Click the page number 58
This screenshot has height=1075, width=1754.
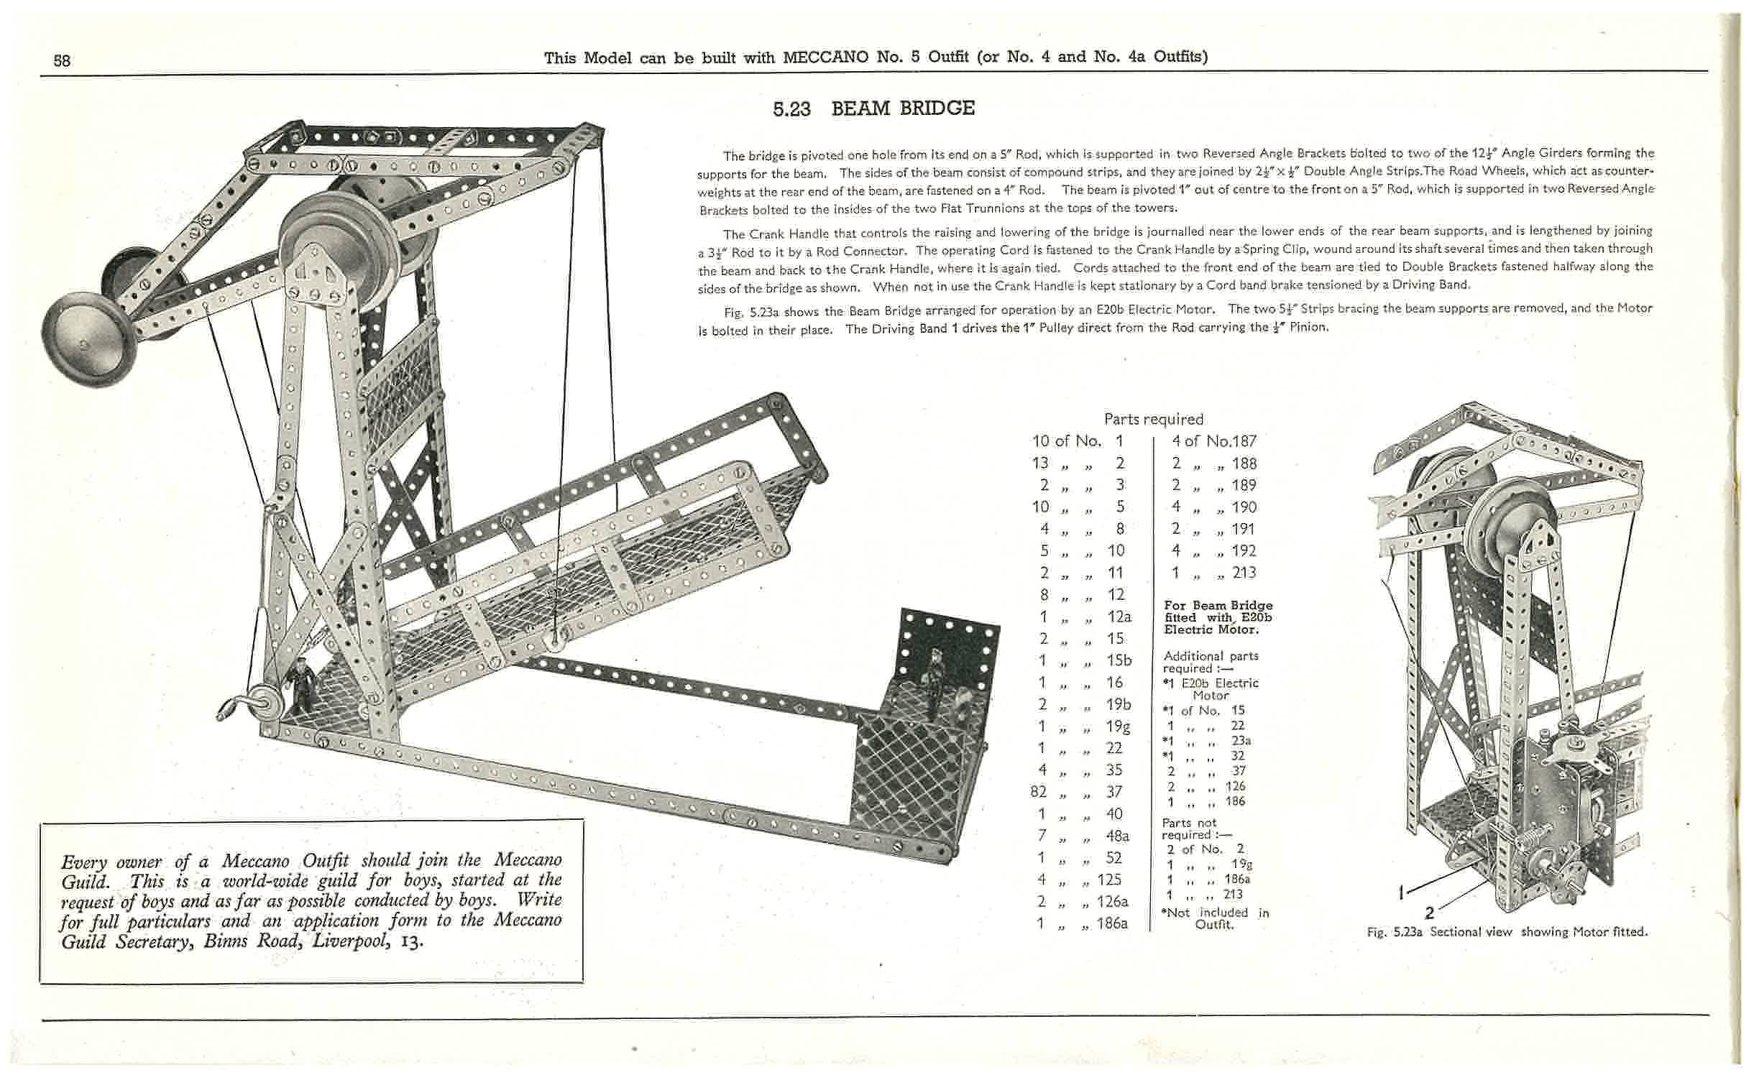click(x=62, y=60)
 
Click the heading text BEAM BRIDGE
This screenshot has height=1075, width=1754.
click(x=903, y=109)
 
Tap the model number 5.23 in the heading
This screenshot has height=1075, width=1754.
click(x=791, y=109)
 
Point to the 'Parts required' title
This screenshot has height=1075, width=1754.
click(x=1153, y=419)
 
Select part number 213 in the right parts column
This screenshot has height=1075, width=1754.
click(x=1244, y=573)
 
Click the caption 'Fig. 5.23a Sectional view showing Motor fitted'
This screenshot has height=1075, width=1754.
click(x=1507, y=932)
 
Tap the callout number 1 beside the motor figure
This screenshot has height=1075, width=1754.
click(x=1401, y=893)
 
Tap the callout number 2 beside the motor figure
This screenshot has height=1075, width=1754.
click(x=1429, y=913)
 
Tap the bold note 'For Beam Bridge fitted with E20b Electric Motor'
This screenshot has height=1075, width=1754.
click(x=1218, y=617)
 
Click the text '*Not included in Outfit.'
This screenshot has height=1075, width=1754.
click(x=1215, y=918)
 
